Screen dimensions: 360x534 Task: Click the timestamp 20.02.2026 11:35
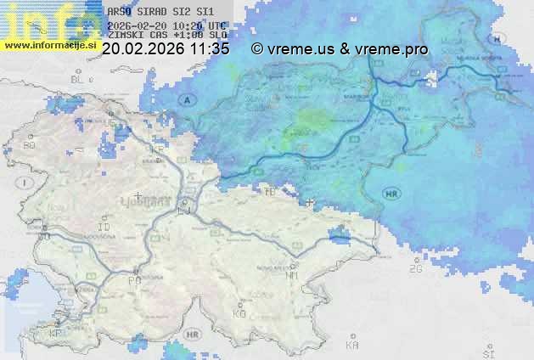pyautogui.click(x=166, y=49)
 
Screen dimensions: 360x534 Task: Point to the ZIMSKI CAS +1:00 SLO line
pyautogui.click(x=167, y=36)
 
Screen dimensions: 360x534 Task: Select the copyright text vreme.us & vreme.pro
pyautogui.click(x=340, y=49)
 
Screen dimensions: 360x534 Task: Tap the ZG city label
pyautogui.click(x=415, y=269)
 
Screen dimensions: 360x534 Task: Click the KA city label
pyautogui.click(x=352, y=346)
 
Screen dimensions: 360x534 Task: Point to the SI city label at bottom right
pyautogui.click(x=488, y=352)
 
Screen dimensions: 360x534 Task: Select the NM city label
pyautogui.click(x=293, y=275)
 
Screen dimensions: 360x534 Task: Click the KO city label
pyautogui.click(x=239, y=313)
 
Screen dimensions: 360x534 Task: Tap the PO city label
pyautogui.click(x=134, y=280)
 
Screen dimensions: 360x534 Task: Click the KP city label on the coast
pyautogui.click(x=57, y=334)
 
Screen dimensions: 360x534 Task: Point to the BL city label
pyautogui.click(x=78, y=79)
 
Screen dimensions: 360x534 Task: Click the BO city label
pyautogui.click(x=29, y=145)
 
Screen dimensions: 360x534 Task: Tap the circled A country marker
pyautogui.click(x=188, y=99)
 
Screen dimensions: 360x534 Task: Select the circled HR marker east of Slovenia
pyautogui.click(x=391, y=194)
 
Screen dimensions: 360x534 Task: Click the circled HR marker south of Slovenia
pyautogui.click(x=193, y=335)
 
